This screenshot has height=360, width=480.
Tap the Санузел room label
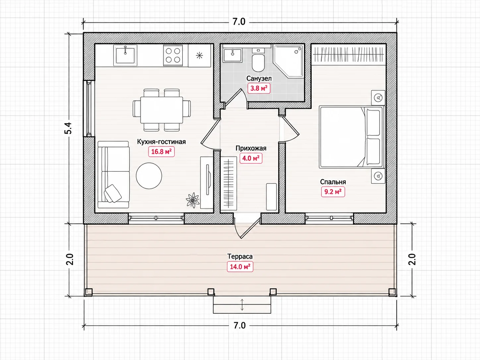(x=259, y=78)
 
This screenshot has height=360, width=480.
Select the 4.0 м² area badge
(x=251, y=158)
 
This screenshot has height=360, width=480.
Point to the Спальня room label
(x=333, y=182)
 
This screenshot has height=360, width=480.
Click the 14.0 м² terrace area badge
(x=240, y=267)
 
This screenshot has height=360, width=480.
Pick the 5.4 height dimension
(x=68, y=128)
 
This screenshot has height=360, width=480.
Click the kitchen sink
(x=125, y=55)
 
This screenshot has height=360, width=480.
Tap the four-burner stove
(x=173, y=55)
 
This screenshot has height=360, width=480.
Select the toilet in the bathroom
(x=258, y=60)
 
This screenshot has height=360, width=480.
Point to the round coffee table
(x=149, y=176)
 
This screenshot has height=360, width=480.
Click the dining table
(x=162, y=110)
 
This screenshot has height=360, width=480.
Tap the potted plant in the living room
(x=193, y=200)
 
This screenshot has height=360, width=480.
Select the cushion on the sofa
(x=113, y=194)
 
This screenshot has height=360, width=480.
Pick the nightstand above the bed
(x=378, y=98)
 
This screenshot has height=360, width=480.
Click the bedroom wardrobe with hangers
(x=349, y=54)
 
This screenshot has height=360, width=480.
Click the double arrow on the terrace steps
(x=242, y=305)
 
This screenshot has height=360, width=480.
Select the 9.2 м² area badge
(x=333, y=192)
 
